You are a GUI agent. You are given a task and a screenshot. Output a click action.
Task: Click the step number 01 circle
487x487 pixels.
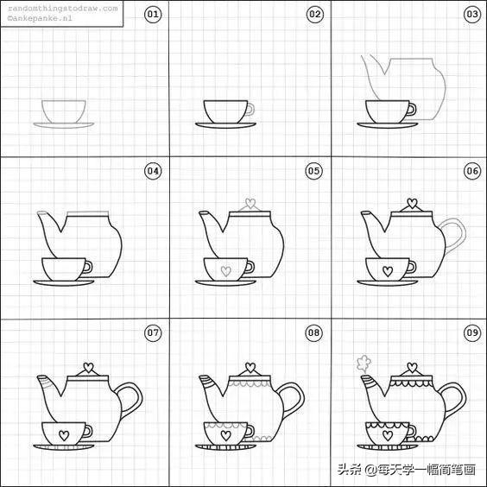click(152, 15)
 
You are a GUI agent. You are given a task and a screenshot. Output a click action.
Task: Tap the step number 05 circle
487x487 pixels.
click(314, 171)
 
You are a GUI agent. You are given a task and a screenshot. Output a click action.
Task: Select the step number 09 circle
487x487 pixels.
click(472, 332)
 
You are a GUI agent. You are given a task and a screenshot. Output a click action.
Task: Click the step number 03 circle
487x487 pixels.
click(472, 15)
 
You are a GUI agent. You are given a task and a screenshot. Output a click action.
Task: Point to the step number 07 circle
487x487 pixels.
click(152, 332)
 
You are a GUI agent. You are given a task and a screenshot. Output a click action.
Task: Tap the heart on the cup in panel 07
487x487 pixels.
click(63, 433)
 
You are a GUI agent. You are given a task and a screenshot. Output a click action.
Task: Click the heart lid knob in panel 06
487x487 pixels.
click(412, 205)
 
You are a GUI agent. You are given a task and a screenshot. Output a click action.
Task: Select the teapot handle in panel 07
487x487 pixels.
click(130, 398)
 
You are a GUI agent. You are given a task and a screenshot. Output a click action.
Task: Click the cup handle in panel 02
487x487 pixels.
click(249, 110)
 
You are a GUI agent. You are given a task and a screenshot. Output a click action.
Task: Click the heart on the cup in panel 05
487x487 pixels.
click(226, 271)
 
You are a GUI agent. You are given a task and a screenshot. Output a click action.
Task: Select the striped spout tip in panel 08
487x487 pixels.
click(206, 380)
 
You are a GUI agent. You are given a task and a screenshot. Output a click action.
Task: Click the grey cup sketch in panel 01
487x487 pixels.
click(63, 112)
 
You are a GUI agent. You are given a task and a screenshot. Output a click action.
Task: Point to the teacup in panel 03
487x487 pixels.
click(387, 111)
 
